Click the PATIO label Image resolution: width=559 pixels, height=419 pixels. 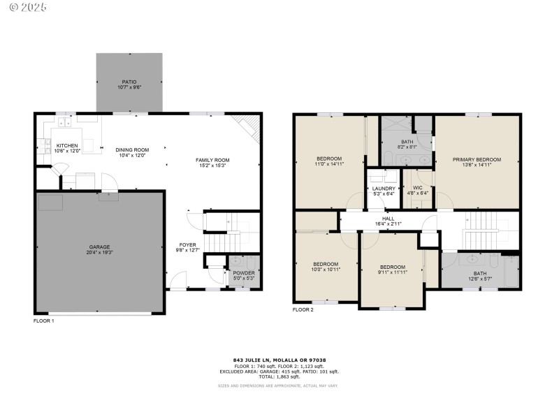pyautogui.click(x=129, y=82)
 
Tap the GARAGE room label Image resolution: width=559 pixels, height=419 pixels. pyautogui.click(x=99, y=247)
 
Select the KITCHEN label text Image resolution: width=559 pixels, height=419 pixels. pyautogui.click(x=67, y=146)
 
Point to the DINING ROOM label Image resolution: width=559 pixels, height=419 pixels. pyautogui.click(x=132, y=149)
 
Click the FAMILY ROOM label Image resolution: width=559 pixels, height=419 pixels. pyautogui.click(x=212, y=160)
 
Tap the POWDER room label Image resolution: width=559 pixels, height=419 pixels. pyautogui.click(x=244, y=273)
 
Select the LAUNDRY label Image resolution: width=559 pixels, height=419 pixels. pyautogui.click(x=384, y=189)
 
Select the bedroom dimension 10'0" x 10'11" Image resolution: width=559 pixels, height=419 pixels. pyautogui.click(x=326, y=269)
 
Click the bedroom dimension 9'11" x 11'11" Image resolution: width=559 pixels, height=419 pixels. pyautogui.click(x=392, y=272)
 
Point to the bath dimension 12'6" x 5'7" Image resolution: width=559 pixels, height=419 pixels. pyautogui.click(x=479, y=279)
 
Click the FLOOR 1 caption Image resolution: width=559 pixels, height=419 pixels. pyautogui.click(x=43, y=321)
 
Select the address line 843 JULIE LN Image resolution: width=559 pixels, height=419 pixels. pyautogui.click(x=279, y=360)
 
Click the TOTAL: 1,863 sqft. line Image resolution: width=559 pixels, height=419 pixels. pyautogui.click(x=279, y=376)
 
